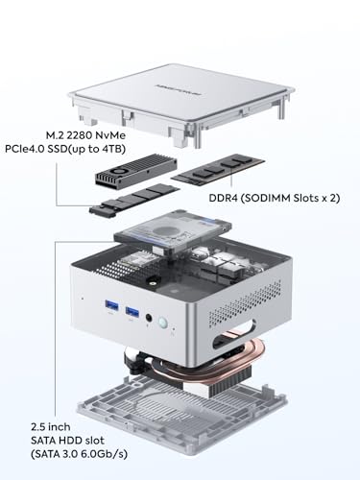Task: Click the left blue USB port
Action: [111, 305]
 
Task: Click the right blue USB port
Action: [132, 311]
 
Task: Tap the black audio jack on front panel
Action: [149, 318]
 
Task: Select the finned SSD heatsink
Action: [136, 170]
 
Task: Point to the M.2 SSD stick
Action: [134, 199]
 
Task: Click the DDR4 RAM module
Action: [218, 170]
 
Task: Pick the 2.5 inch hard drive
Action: [173, 232]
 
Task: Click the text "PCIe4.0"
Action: [24, 149]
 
